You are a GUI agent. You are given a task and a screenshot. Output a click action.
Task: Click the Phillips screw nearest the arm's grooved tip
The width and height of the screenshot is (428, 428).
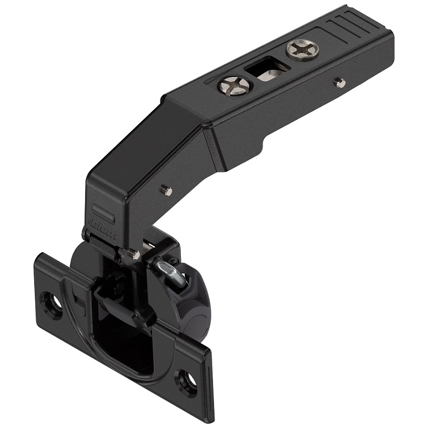pyautogui.click(x=302, y=50)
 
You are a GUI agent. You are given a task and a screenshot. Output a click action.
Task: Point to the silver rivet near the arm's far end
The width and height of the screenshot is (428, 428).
pyautogui.click(x=338, y=82)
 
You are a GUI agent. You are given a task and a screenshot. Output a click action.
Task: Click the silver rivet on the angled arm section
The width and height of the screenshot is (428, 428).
pyautogui.click(x=166, y=190)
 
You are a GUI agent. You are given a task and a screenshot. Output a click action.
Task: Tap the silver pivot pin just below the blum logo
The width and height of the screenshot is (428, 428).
pyautogui.click(x=133, y=254)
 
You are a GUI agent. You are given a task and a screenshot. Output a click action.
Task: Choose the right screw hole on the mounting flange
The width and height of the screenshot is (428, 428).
pyautogui.click(x=187, y=381)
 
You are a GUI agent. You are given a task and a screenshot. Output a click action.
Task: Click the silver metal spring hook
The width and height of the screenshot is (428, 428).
pyautogui.click(x=170, y=270)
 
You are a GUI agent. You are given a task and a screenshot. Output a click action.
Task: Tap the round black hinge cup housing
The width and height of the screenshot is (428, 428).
pyautogui.click(x=193, y=300)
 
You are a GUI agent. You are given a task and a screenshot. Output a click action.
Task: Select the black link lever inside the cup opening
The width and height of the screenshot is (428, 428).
pyautogui.click(x=120, y=305)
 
